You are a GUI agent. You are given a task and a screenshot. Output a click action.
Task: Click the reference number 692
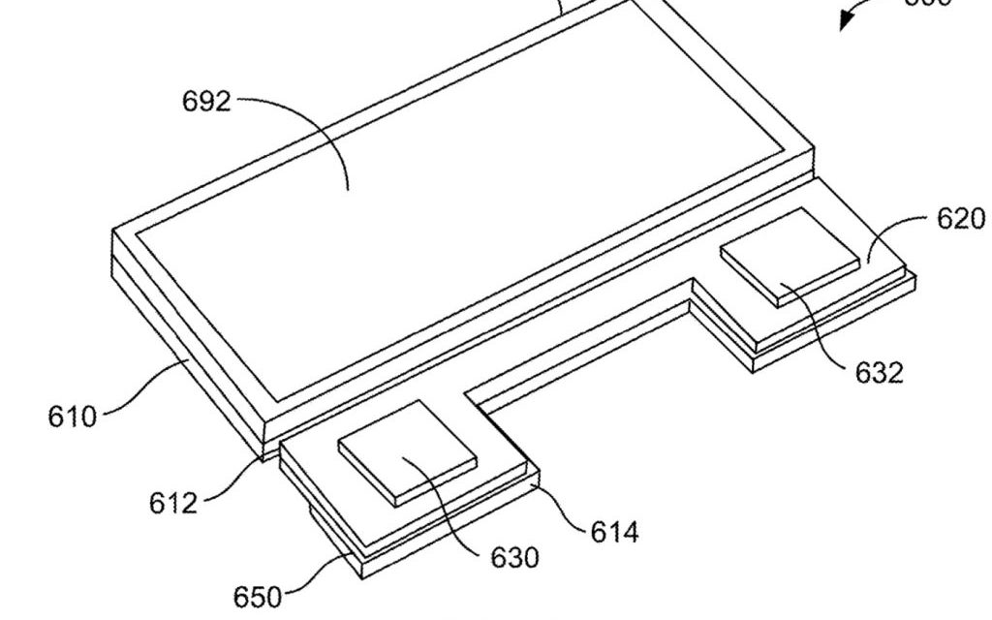click(206, 101)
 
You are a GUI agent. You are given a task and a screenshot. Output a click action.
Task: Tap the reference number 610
click(73, 417)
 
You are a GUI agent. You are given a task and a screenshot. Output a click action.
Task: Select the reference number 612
click(173, 502)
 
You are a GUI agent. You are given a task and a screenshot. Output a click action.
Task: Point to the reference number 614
click(614, 531)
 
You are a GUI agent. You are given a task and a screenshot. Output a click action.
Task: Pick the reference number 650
click(257, 595)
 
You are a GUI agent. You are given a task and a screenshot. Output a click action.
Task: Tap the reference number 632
click(879, 372)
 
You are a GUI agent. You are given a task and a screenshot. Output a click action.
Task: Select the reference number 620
click(960, 219)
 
